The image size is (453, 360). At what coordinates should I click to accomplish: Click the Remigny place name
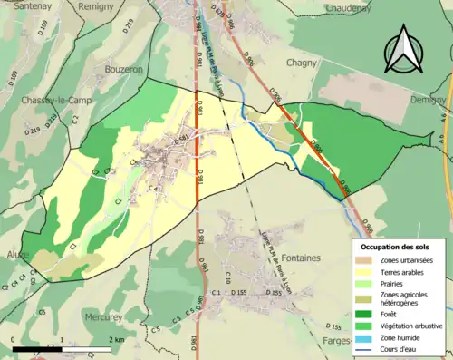tap(96, 6)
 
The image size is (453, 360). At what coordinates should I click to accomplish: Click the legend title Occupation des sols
tap(397, 247)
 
